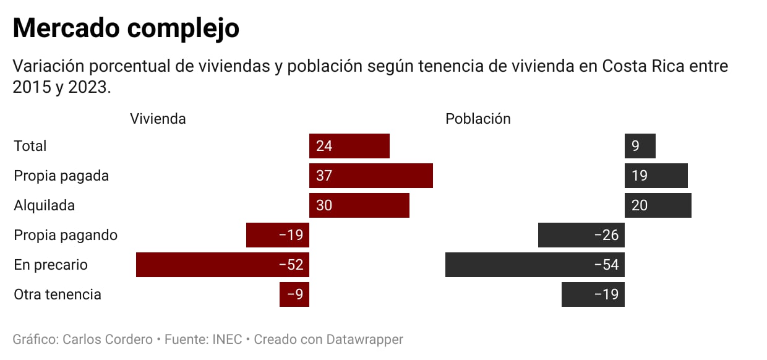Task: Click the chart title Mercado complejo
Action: pos(126,28)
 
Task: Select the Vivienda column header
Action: pos(158,119)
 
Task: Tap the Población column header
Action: pos(478,119)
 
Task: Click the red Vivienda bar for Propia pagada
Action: pos(371,176)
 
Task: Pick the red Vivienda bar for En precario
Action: pos(223,265)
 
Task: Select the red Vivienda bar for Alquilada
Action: pos(359,205)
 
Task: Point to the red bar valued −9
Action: pos(294,294)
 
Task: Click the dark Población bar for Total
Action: pos(640,146)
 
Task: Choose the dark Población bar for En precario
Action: pos(535,265)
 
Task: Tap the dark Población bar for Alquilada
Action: pos(658,205)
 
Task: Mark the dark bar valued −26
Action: pos(581,235)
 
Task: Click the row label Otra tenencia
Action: pos(58,294)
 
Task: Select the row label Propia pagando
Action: pos(66,235)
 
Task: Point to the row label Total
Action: pos(30,146)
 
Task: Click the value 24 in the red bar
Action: pos(324,146)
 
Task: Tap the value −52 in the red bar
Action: pos(291,265)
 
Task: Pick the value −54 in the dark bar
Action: pos(606,265)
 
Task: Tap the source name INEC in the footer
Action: pos(227,340)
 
